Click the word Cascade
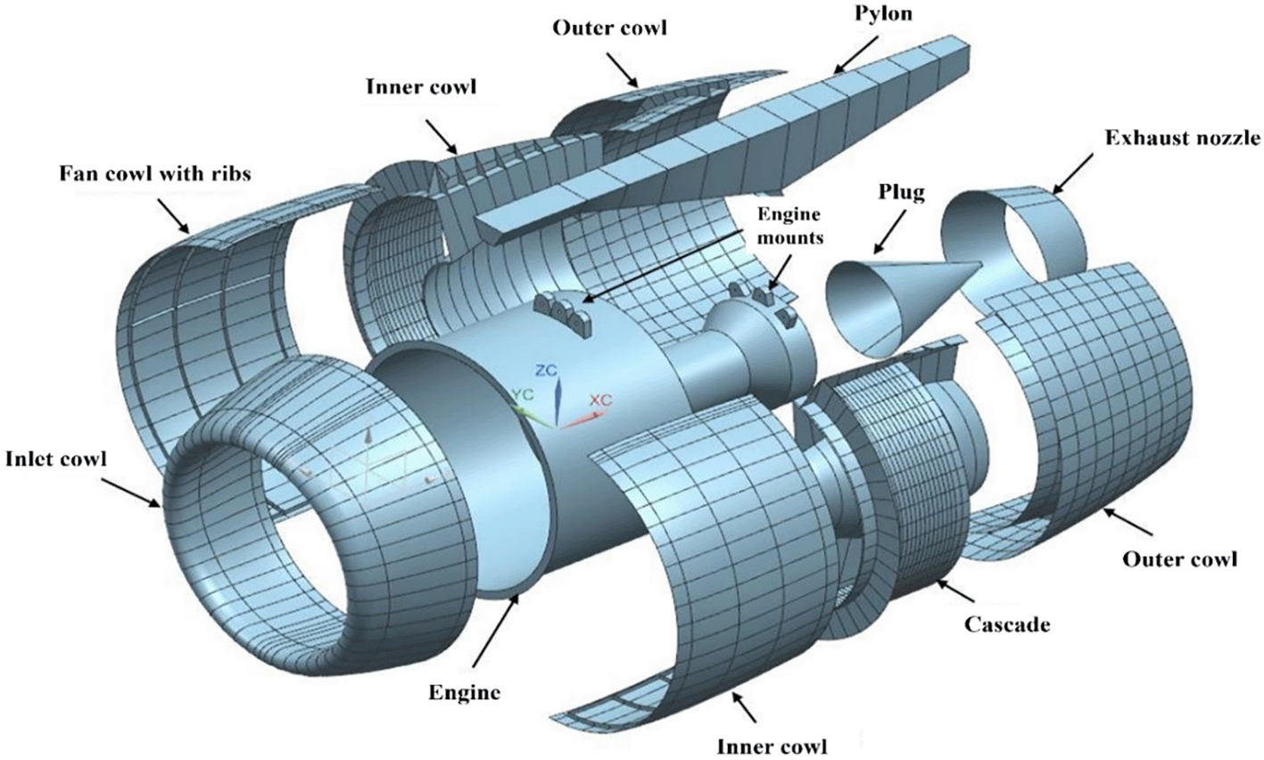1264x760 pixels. click(1006, 624)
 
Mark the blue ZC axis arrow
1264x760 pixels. click(557, 401)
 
